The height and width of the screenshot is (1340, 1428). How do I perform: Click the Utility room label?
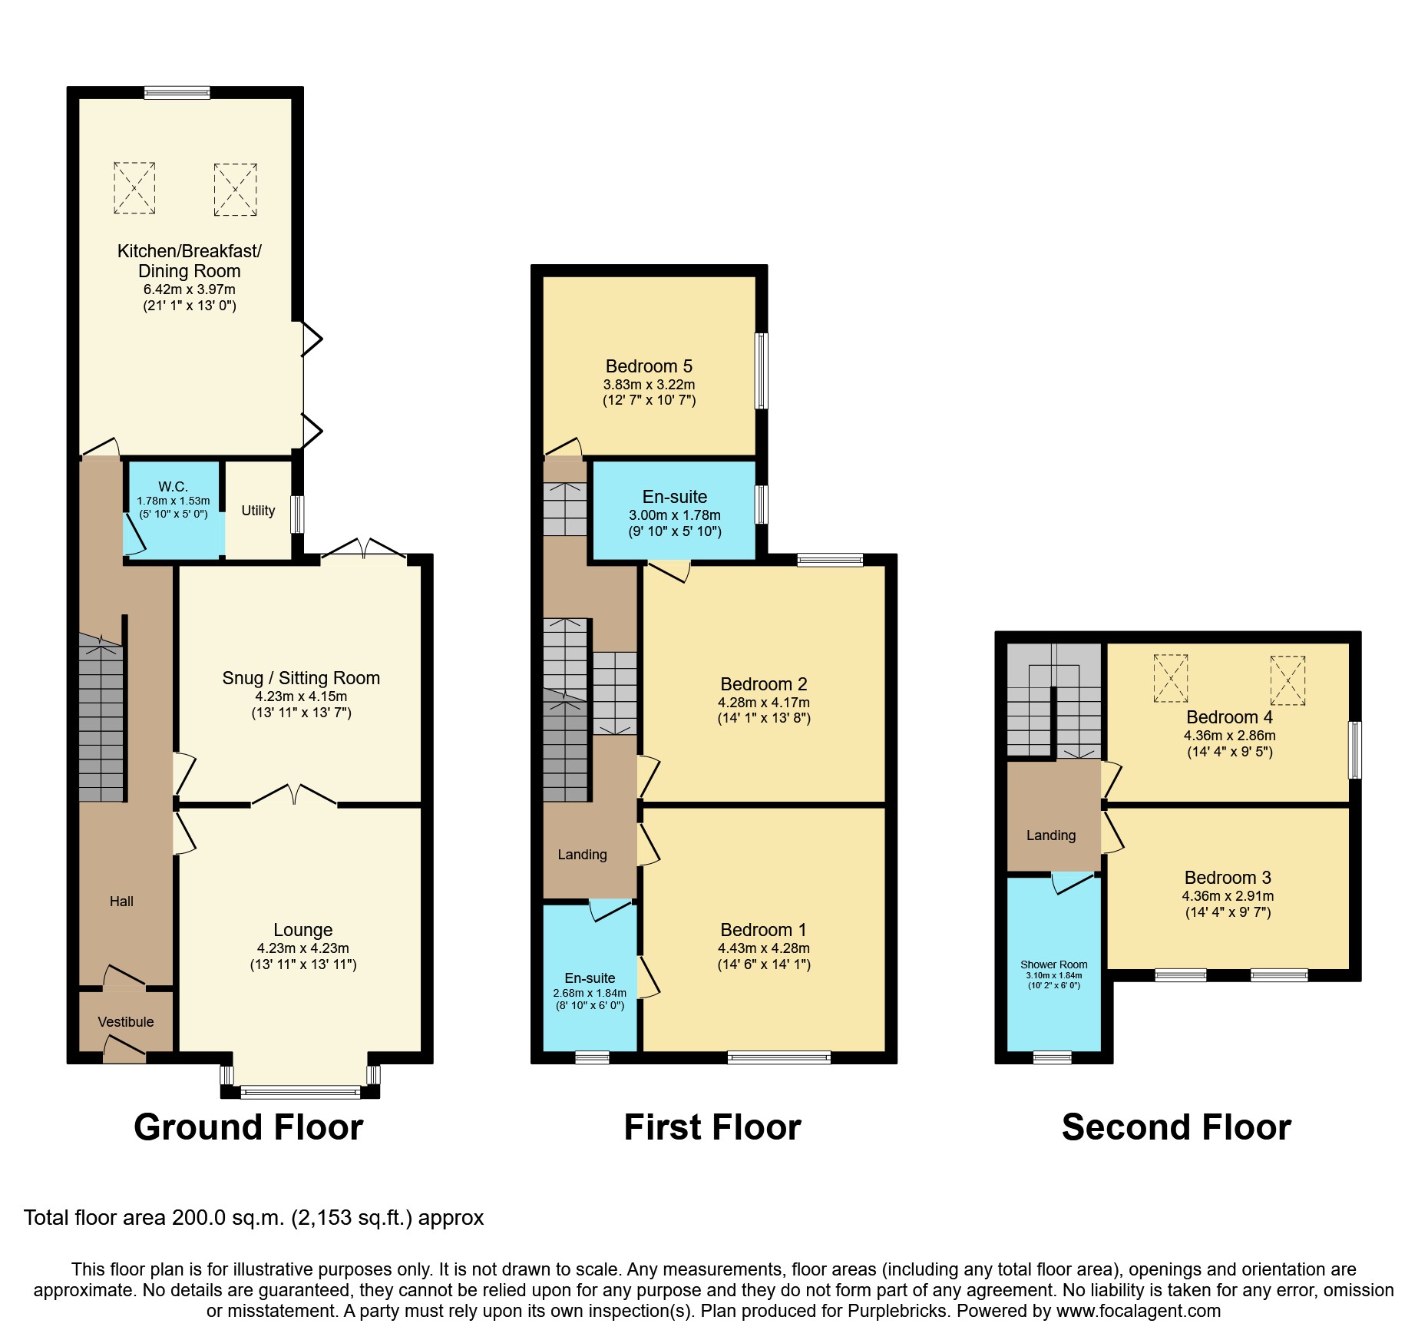point(258,511)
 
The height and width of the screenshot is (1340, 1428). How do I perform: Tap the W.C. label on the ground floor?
point(173,486)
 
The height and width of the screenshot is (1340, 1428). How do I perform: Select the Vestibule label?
point(126,1021)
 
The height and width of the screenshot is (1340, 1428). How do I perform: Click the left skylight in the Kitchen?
point(134,187)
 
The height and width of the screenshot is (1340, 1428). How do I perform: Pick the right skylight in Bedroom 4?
point(1288,680)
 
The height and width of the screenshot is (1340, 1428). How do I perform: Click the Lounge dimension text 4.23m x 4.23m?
point(302,948)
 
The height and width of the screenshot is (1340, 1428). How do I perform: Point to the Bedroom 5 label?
point(649,366)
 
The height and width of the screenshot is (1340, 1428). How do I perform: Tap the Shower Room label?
point(1053,964)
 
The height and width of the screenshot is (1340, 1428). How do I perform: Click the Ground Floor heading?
point(248,1127)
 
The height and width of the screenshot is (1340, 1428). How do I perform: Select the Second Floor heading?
point(1176,1127)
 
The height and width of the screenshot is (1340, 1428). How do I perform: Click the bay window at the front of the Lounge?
point(300,1092)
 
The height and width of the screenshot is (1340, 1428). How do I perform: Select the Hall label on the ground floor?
point(121,902)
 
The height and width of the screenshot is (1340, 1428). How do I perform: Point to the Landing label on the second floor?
point(1051,835)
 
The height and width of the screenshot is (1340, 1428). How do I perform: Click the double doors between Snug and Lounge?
point(294,797)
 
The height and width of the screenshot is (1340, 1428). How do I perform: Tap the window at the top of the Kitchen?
point(177,93)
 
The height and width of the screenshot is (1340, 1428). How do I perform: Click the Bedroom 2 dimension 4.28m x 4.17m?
point(764,703)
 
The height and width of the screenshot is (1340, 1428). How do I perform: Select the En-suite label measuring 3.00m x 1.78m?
point(675,497)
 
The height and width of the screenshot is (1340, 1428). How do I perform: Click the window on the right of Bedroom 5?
point(761,371)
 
